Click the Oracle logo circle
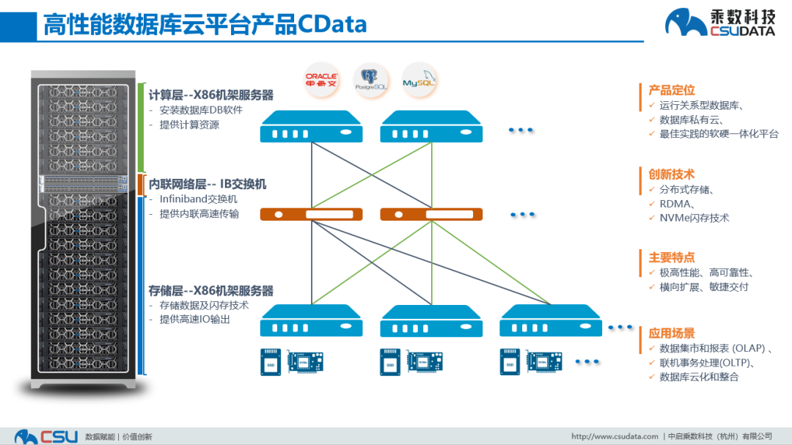(x=321, y=79)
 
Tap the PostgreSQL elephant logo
(x=371, y=79)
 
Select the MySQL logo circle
(x=419, y=79)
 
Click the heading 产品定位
(x=671, y=90)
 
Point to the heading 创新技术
(x=671, y=174)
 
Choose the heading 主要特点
(x=671, y=257)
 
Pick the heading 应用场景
(x=671, y=334)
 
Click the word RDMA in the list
(x=675, y=204)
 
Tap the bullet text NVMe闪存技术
(x=694, y=218)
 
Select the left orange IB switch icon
(x=312, y=215)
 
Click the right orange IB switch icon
(x=432, y=215)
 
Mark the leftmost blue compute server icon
(x=312, y=127)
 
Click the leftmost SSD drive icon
(x=271, y=361)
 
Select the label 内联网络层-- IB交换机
(x=208, y=184)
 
